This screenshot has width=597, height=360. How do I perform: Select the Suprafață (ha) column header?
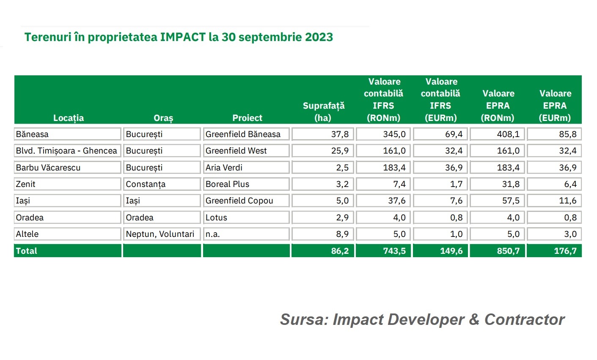[323, 112]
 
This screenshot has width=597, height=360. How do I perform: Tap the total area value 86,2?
[340, 251]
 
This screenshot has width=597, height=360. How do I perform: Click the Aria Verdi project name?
[224, 168]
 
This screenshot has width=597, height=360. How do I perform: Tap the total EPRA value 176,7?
[565, 251]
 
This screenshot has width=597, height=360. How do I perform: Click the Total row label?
[27, 251]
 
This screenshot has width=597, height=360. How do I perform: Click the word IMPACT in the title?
[182, 37]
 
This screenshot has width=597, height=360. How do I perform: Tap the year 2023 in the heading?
[319, 37]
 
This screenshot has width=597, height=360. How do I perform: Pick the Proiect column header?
[247, 118]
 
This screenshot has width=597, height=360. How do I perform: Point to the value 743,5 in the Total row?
[394, 251]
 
